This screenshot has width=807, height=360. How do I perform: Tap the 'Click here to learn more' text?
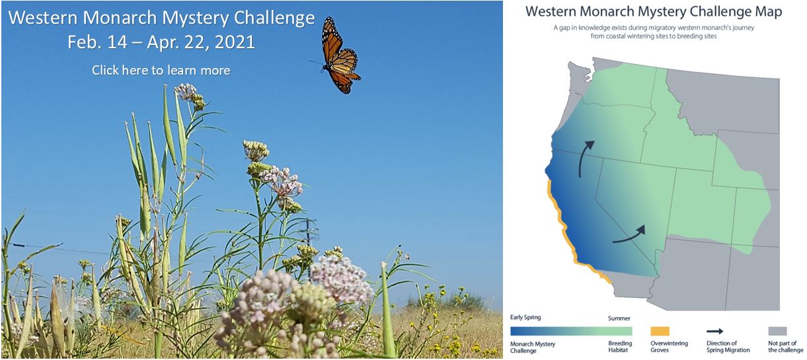pyautogui.click(x=161, y=70)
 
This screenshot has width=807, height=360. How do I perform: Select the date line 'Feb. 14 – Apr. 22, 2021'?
pyautogui.click(x=161, y=42)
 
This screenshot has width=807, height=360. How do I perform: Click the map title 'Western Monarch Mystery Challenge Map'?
pyautogui.click(x=654, y=12)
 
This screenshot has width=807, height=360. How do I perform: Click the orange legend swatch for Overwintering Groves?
pyautogui.click(x=660, y=331)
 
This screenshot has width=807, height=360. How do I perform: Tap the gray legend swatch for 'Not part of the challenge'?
pyautogui.click(x=777, y=331)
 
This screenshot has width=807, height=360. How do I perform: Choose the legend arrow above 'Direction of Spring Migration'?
pyautogui.click(x=714, y=331)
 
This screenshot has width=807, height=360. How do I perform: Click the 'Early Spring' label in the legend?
pyautogui.click(x=525, y=318)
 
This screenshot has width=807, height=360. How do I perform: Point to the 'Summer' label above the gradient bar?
pyautogui.click(x=619, y=318)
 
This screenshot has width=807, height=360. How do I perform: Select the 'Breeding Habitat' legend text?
pyautogui.click(x=620, y=347)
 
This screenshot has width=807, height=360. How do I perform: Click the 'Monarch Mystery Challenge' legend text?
pyautogui.click(x=533, y=347)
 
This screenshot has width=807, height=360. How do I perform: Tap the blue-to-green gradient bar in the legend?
pyautogui.click(x=571, y=331)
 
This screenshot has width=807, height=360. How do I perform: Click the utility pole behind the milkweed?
pyautogui.click(x=309, y=248)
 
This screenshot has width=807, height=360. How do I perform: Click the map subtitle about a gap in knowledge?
pyautogui.click(x=654, y=32)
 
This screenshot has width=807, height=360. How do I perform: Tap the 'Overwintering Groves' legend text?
pyautogui.click(x=669, y=347)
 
